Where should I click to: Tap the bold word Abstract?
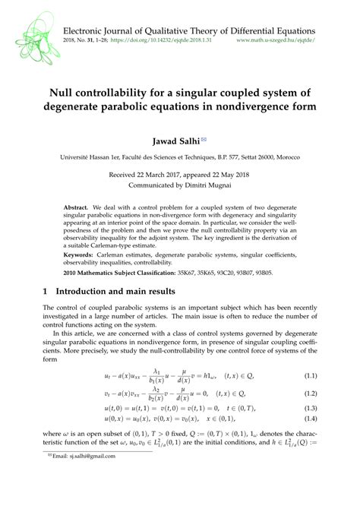tap(75, 207)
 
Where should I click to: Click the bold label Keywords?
tap(81, 254)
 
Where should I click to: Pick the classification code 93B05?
tap(279, 271)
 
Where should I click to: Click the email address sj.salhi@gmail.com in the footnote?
tap(87, 499)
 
